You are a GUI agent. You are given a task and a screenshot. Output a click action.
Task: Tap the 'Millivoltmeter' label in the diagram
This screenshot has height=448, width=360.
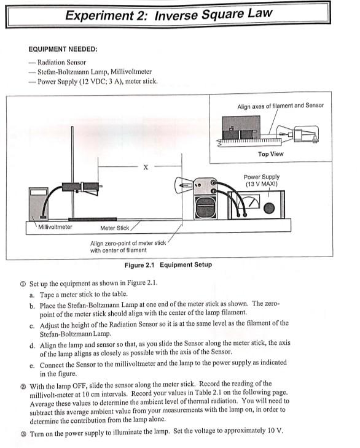point(55,228)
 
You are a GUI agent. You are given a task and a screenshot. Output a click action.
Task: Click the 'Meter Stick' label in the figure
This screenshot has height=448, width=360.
point(115,228)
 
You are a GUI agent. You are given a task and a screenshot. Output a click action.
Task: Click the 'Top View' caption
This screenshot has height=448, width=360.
point(270,154)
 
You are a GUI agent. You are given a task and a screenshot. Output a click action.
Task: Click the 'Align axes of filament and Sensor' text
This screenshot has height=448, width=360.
point(280,106)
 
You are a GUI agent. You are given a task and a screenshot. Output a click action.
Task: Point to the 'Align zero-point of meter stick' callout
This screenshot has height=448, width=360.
point(128,243)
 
